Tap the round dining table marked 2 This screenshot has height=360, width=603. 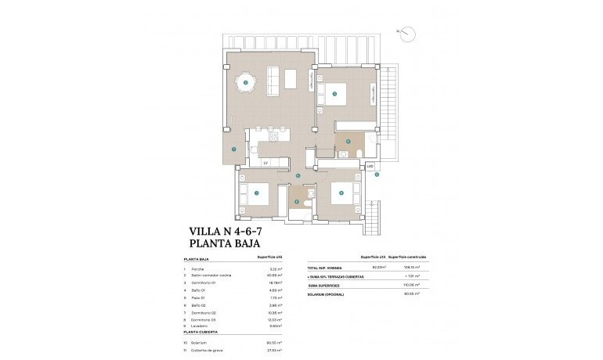click(x=245, y=81)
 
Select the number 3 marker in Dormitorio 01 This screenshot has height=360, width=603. click(x=335, y=95)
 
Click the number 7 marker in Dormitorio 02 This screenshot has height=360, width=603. click(x=257, y=193)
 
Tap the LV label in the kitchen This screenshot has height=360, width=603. click(x=266, y=162)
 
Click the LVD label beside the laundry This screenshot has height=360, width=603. click(x=370, y=166)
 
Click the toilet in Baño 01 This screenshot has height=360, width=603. click(x=358, y=152)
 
